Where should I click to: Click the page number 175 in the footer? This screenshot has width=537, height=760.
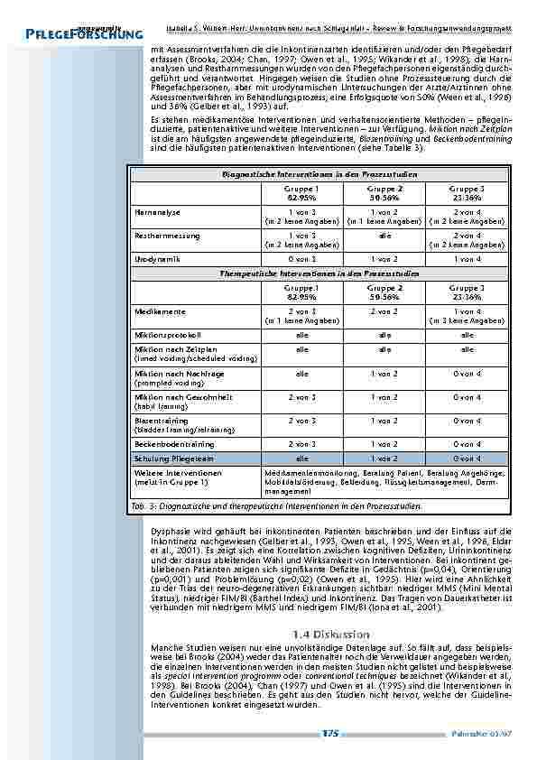329,734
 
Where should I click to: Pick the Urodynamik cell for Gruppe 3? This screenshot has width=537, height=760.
467,259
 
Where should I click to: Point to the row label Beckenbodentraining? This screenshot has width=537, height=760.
174,444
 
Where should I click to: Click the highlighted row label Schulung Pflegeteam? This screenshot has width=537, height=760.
174,459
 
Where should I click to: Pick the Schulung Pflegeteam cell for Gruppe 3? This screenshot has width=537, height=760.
467,459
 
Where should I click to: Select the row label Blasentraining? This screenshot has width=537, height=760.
162,420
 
